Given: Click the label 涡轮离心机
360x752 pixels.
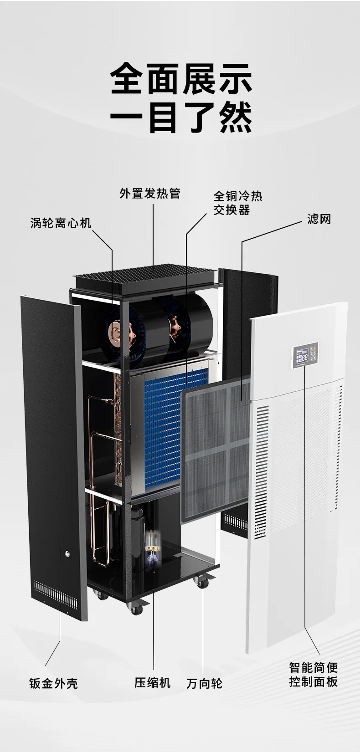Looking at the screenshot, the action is point(61,223).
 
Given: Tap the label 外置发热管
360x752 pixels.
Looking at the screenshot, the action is point(150,193).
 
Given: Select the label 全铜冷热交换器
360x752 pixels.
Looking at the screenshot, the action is point(238,203).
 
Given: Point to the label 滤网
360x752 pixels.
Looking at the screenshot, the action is point(319,219).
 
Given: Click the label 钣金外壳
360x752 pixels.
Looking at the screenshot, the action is point(53,683).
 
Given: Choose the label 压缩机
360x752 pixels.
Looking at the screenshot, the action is point(153,683).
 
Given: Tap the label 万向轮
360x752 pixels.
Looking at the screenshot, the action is point(205,684).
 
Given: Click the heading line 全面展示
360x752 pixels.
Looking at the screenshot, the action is point(181,79).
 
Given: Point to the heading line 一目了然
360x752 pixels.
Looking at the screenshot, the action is point(181,118).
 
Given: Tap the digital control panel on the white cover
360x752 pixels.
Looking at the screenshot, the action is point(304,355).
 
